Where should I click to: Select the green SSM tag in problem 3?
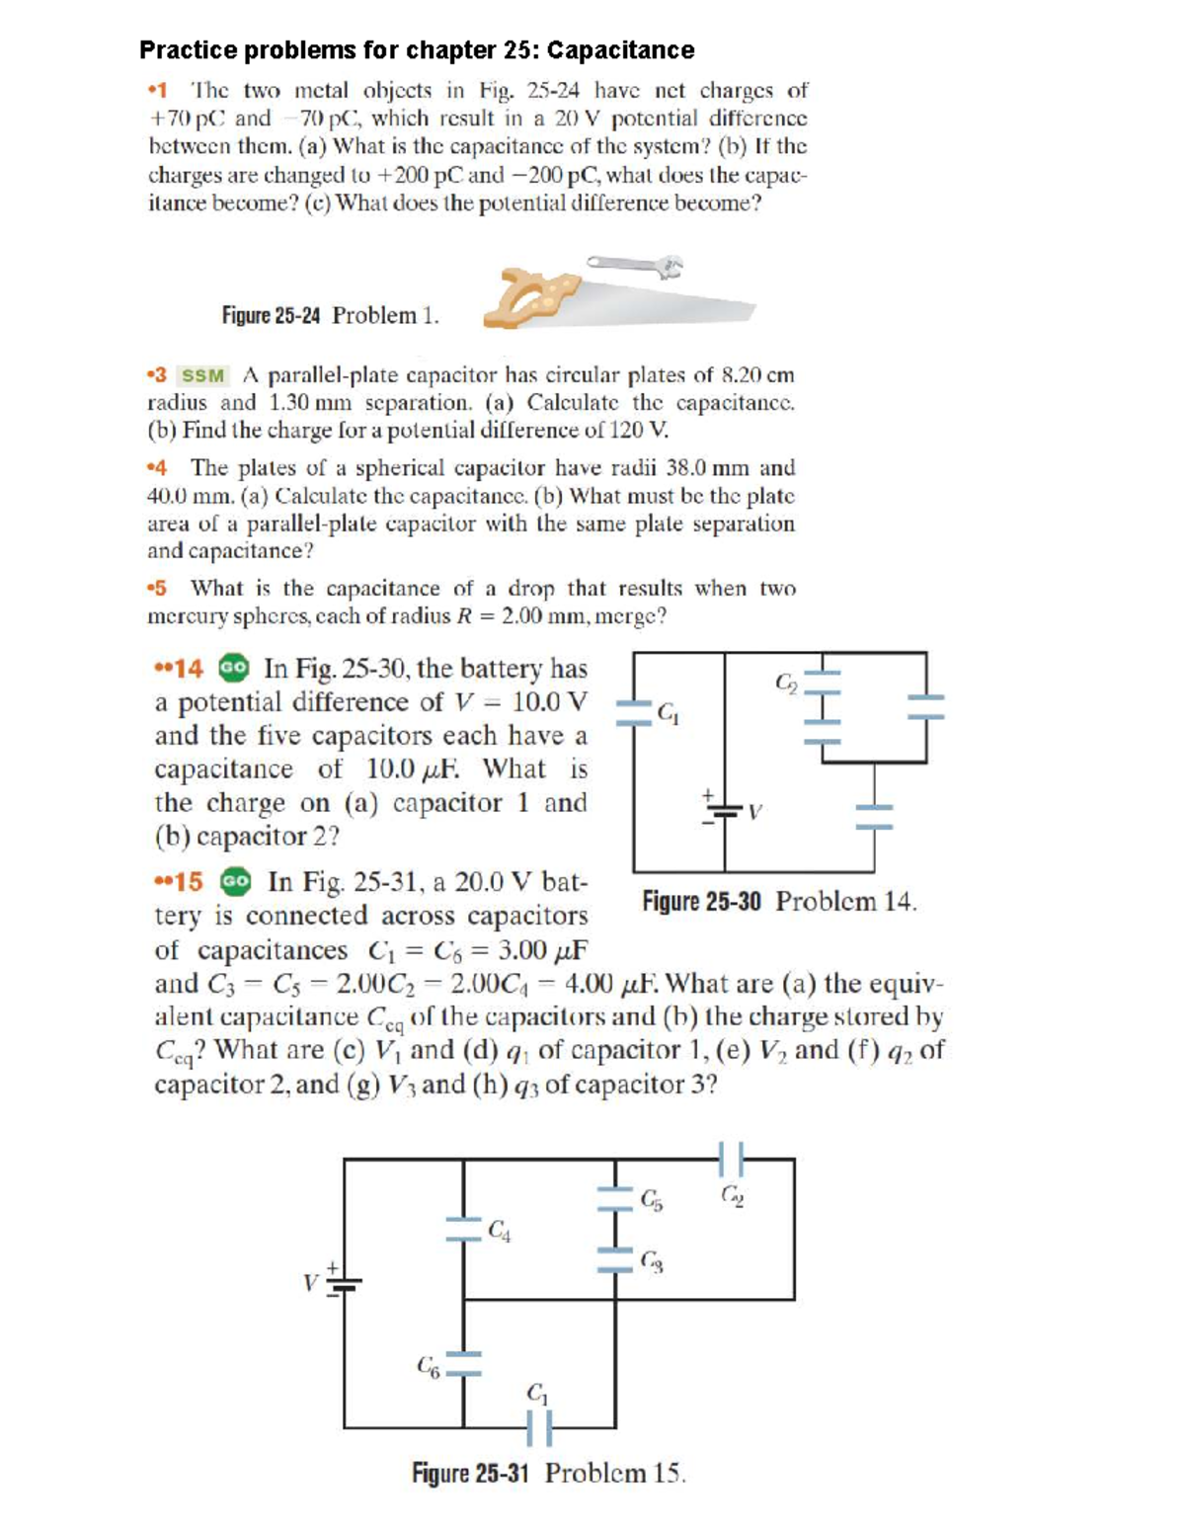[202, 375]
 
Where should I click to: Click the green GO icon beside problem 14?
[234, 668]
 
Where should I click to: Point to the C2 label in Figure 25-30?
[786, 682]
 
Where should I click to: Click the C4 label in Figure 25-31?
[500, 1230]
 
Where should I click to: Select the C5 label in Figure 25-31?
[652, 1199]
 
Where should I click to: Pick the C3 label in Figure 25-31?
[651, 1260]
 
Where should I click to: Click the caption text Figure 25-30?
[701, 901]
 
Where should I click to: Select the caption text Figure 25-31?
[470, 1473]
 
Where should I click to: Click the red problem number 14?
[188, 669]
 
